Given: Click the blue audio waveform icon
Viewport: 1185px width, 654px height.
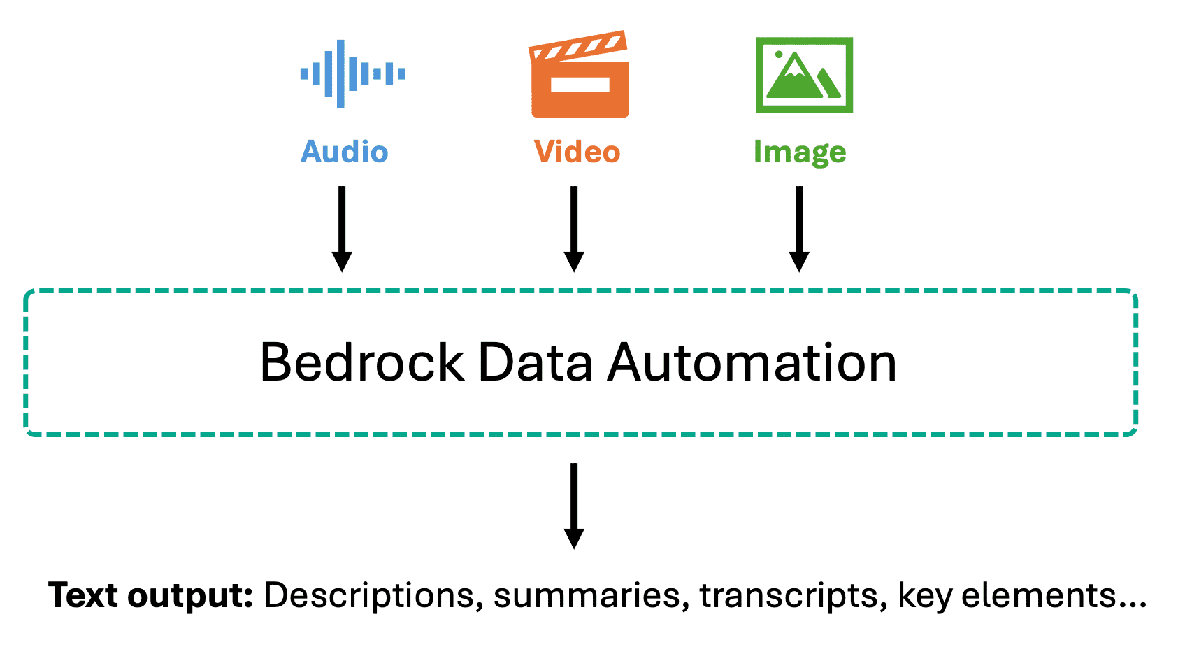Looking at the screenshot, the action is tap(353, 73).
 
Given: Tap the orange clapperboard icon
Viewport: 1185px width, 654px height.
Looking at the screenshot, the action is tap(580, 74).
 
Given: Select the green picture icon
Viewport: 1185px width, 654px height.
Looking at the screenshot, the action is tap(804, 75).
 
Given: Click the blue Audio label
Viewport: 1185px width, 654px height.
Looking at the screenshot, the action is tap(345, 152).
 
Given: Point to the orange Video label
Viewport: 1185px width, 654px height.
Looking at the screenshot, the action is tap(577, 152).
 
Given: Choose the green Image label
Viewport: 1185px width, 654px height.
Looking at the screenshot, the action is tap(800, 153).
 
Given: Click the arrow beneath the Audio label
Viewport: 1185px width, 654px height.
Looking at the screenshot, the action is tap(343, 229).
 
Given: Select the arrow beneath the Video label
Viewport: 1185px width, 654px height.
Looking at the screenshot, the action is tap(574, 229).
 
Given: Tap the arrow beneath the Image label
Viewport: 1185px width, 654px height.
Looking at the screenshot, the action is tap(799, 229).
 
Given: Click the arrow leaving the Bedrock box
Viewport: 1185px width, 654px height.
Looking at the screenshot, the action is tap(574, 506).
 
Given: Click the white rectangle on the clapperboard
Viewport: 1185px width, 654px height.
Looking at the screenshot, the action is tap(580, 85).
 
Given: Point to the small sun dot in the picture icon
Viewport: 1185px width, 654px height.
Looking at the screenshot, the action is tap(779, 54).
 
